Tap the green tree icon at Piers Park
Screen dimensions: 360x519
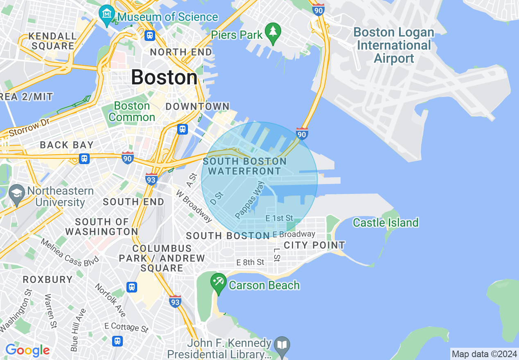point(273,32)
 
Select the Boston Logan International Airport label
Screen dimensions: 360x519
point(394,45)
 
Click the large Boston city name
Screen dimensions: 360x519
point(164,77)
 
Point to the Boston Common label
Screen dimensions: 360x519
point(132,111)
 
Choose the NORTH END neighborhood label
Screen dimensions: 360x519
point(181,52)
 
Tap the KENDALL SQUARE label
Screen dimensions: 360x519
point(53,41)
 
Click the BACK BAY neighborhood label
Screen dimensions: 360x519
point(67,145)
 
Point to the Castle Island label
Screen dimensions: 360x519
point(386,223)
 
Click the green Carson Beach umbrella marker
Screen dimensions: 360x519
point(219,282)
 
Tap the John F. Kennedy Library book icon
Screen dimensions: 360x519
point(282,344)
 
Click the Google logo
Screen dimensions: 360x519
point(27,350)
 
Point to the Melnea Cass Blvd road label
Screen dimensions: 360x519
point(70,252)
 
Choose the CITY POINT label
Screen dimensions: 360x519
point(314,245)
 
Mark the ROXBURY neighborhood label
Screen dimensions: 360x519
point(47,279)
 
